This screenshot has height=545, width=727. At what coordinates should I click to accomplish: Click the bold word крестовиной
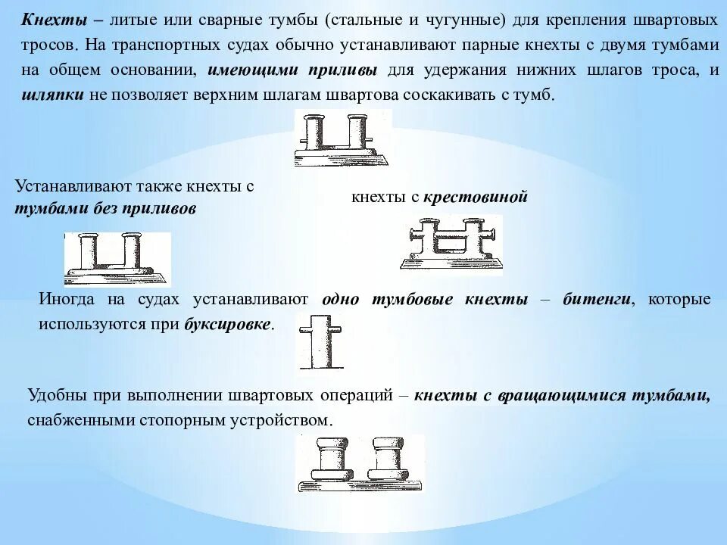[x=475, y=198]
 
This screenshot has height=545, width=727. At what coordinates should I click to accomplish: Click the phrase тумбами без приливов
[x=105, y=210]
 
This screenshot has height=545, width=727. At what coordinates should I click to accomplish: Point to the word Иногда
[x=67, y=299]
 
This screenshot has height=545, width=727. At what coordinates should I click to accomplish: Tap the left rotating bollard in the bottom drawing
[x=328, y=460]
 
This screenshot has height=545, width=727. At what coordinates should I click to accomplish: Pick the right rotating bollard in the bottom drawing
[x=390, y=460]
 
